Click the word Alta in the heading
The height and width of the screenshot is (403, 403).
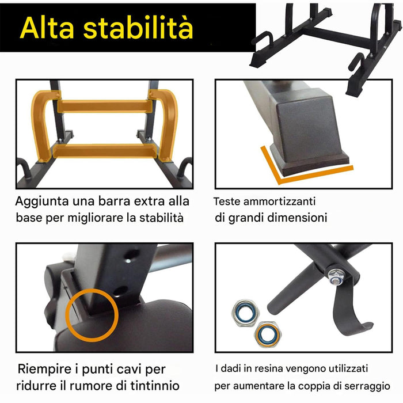(49, 28)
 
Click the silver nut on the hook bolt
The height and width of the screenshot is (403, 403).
(335, 275)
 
